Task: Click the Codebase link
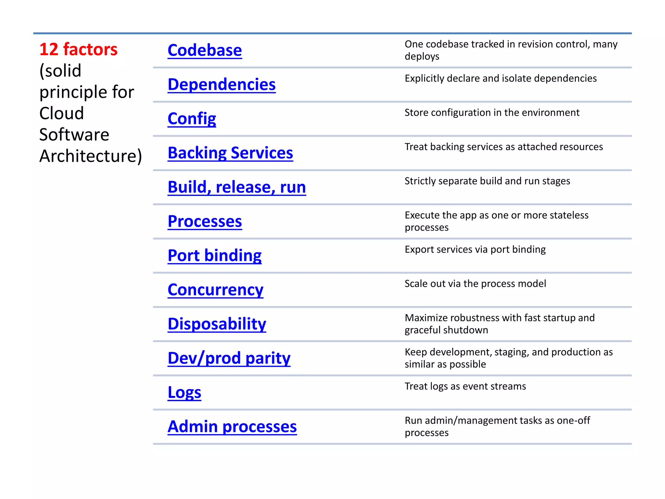(205, 50)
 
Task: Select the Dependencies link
(221, 84)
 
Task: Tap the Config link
(192, 119)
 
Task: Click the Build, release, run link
(237, 187)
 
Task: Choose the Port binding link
(214, 255)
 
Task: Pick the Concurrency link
(215, 290)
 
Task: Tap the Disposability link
(217, 324)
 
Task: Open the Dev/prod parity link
(229, 358)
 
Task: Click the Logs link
(184, 392)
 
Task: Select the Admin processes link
(232, 427)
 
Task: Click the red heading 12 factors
(78, 49)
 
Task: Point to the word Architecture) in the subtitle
(91, 156)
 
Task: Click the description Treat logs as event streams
(465, 386)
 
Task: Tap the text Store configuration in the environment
(492, 113)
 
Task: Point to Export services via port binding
(475, 249)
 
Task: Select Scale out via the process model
(475, 284)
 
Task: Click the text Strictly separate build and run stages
(487, 181)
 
